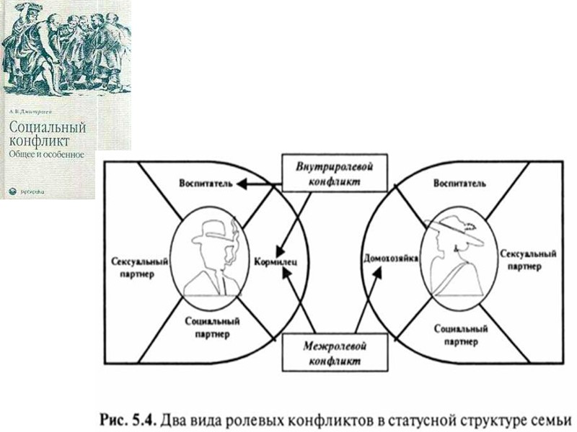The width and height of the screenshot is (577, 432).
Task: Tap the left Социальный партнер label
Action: [x=207, y=328]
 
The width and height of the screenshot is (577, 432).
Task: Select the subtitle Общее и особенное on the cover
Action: [x=46, y=154]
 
